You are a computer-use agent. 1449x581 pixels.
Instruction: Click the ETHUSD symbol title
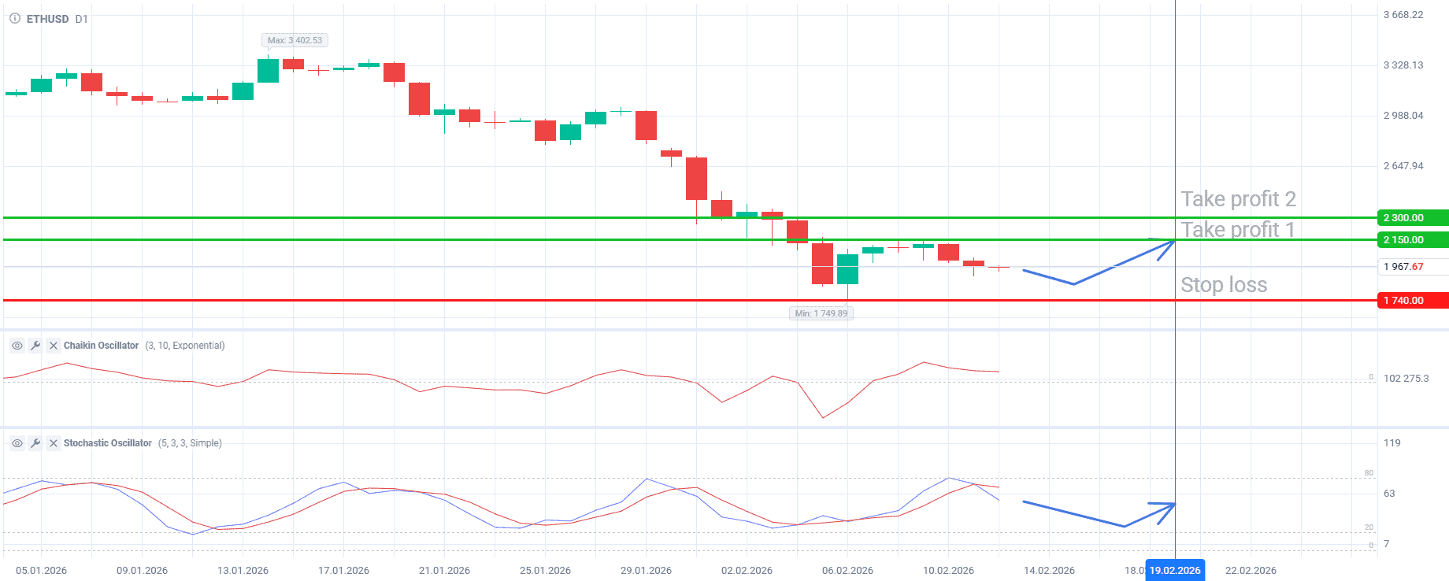click(x=47, y=19)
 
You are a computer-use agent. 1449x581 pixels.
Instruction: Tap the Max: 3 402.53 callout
click(x=295, y=40)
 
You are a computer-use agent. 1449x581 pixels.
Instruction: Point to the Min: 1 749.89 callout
click(x=821, y=313)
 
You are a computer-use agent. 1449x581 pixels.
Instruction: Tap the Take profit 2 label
click(x=1238, y=199)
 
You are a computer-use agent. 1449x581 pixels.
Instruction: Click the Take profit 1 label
click(x=1237, y=230)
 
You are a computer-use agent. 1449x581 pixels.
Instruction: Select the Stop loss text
click(x=1224, y=285)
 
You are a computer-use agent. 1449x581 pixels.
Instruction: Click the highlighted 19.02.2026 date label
click(x=1175, y=571)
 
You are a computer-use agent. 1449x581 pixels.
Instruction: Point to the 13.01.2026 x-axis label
click(x=243, y=571)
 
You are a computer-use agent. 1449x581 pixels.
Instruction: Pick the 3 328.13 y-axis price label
click(x=1403, y=65)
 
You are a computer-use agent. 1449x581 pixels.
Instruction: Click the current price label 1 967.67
click(x=1403, y=267)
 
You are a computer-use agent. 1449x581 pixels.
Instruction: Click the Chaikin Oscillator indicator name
click(x=101, y=346)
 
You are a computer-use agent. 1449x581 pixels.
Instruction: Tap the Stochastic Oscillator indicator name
click(x=107, y=443)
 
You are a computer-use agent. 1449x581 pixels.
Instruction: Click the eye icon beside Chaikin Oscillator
click(x=17, y=346)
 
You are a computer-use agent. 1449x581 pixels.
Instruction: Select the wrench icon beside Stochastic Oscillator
click(x=35, y=443)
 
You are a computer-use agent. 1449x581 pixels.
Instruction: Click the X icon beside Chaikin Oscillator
click(x=54, y=346)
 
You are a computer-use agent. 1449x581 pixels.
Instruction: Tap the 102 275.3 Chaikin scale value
click(x=1406, y=379)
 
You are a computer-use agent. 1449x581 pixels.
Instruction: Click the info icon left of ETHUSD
click(x=15, y=18)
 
